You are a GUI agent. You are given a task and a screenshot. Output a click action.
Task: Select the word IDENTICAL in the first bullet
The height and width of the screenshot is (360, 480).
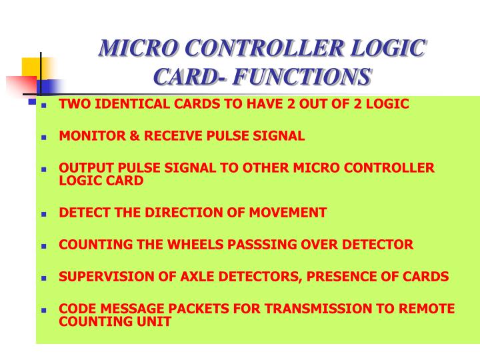point(123,104)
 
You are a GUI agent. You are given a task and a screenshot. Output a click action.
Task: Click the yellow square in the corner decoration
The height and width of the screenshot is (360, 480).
point(31,67)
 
